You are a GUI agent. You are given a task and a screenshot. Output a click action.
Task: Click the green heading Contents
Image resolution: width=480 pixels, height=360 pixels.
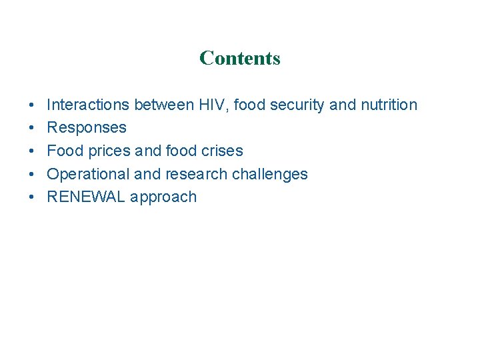[240, 58]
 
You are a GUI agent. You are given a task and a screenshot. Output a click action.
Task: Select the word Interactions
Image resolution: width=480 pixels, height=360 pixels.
[88, 105]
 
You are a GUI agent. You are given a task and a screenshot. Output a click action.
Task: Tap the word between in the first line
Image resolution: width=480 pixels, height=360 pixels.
[163, 105]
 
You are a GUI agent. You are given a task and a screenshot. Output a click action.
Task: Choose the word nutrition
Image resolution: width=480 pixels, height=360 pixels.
[389, 105]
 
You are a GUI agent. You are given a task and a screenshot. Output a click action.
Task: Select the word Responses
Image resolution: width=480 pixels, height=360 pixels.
[87, 128]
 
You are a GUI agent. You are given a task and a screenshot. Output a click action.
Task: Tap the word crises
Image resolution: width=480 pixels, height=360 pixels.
[221, 151]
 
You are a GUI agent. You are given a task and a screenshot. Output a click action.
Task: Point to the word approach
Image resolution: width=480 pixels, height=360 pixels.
[164, 197]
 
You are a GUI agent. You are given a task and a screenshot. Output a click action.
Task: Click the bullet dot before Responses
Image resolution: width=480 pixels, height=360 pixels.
[31, 128]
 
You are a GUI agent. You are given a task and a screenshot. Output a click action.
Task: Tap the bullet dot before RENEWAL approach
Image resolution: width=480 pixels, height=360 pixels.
[31, 197]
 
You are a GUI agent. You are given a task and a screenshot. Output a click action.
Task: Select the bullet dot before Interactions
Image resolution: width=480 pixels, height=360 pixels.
[31, 105]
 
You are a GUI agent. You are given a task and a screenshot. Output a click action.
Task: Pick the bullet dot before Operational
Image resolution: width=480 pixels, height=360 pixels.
[31, 175]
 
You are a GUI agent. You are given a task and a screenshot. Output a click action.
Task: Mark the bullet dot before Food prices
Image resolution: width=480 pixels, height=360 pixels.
[31, 151]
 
